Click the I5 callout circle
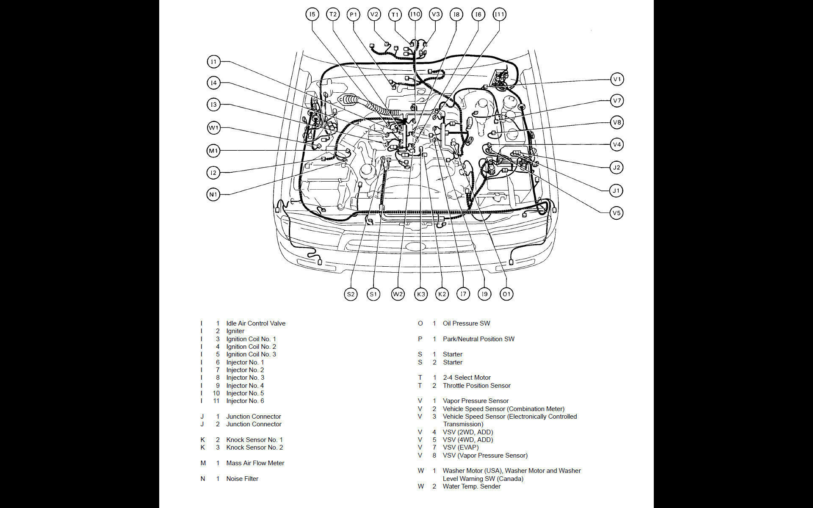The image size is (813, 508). [x=312, y=14]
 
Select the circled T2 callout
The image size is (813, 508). [x=333, y=14]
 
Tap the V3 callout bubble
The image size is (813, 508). [x=435, y=14]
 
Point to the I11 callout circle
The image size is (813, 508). [x=500, y=14]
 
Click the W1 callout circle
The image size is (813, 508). [x=213, y=128]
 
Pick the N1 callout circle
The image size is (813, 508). [x=213, y=195]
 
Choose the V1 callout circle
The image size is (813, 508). [x=617, y=79]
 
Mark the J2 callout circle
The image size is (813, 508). [x=617, y=168]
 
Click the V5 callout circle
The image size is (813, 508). [x=617, y=213]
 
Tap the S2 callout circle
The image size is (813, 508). [x=351, y=294]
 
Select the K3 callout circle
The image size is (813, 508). [x=421, y=294]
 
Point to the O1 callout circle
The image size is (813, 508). [x=506, y=294]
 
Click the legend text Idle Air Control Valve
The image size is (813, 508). [x=256, y=323]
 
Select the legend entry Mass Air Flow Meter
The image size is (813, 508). [x=255, y=463]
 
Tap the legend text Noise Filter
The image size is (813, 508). [x=242, y=479]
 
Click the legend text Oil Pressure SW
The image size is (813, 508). [x=466, y=323]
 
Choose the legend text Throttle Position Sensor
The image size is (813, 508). [x=476, y=386]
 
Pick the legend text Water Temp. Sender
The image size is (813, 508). [x=471, y=486]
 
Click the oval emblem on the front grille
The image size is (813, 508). [x=415, y=247]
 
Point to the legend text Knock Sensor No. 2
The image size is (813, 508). [x=254, y=447]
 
